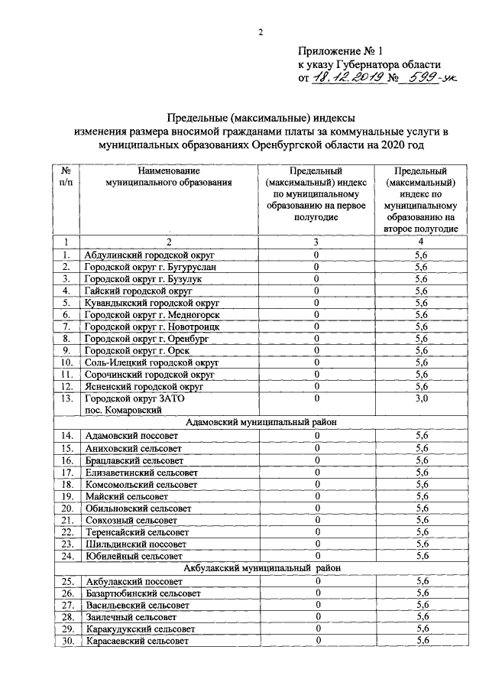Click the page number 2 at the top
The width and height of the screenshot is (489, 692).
tap(259, 31)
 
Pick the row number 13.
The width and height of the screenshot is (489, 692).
tap(66, 399)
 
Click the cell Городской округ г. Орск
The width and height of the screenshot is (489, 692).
tap(131, 350)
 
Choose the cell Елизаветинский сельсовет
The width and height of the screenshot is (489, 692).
tap(140, 472)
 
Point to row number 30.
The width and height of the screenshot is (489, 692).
tap(66, 641)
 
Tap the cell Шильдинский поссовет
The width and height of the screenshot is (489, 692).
tap(134, 544)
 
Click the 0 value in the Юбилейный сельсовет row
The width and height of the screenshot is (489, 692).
tap(317, 556)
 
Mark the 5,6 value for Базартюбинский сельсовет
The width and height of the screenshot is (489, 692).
tap(421, 593)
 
